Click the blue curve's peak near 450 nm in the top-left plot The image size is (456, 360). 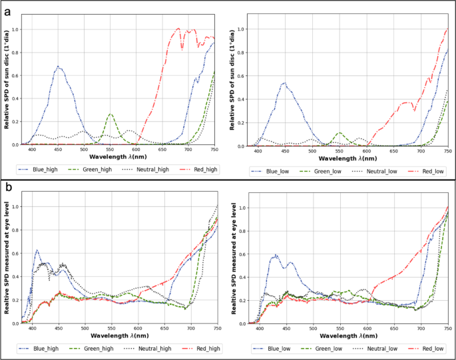pyautogui.click(x=59, y=67)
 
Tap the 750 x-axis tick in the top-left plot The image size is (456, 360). pyautogui.click(x=214, y=150)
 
